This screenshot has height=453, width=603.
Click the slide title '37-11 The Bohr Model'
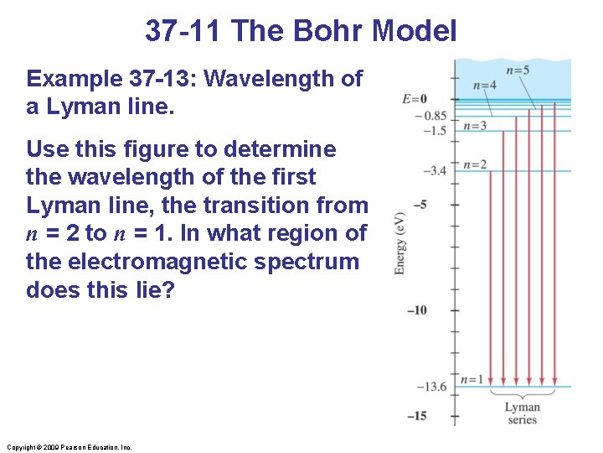(x=301, y=31)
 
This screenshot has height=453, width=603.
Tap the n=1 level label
(x=473, y=379)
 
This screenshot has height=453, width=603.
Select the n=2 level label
(x=474, y=164)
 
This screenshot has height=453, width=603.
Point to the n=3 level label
(x=474, y=126)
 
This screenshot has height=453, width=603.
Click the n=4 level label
(x=484, y=85)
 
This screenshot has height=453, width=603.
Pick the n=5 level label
(x=518, y=70)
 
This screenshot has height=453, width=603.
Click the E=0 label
(x=415, y=99)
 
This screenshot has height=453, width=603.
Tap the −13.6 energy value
(x=432, y=387)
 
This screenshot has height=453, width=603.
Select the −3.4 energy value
(x=435, y=171)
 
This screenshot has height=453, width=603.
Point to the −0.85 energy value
(x=433, y=116)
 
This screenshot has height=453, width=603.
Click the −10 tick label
(x=416, y=310)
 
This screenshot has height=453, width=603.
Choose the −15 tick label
(x=416, y=416)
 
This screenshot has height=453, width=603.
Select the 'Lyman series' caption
(x=522, y=414)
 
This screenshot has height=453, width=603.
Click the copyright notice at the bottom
(x=69, y=447)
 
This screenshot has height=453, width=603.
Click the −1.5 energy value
(x=434, y=131)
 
